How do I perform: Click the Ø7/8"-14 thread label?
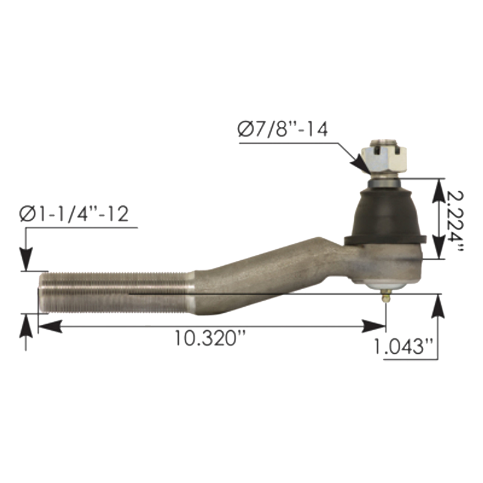coord(283,130)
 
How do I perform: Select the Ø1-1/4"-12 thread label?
coord(74,214)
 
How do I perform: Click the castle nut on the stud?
coord(384,159)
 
